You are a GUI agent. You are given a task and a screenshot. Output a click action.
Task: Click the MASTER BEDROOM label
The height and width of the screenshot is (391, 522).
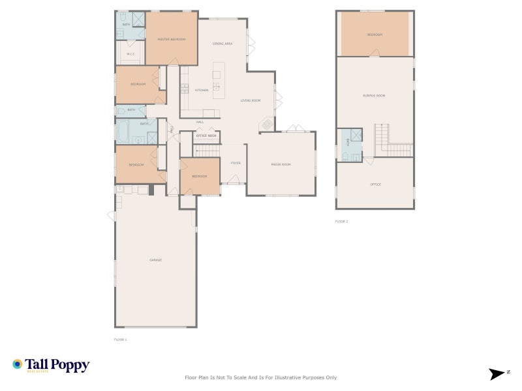pos(171,40)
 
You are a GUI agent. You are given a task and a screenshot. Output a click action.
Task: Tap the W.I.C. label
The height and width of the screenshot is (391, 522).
pos(130,54)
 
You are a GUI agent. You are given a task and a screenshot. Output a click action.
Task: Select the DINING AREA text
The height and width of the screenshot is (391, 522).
pos(223,44)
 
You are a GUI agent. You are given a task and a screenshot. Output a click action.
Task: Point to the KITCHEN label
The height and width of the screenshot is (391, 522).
pos(202,90)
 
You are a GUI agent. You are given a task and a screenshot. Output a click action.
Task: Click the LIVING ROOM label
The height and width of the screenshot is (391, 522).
pos(251,100)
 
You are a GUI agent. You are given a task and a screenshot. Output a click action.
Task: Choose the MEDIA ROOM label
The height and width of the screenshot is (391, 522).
pos(281,164)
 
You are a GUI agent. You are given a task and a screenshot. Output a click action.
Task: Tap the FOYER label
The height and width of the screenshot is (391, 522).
pos(236,163)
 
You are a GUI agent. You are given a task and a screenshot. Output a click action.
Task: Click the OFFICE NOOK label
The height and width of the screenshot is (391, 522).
pos(206,136)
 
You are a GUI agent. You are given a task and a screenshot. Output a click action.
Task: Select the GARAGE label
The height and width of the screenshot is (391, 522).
pos(155,260)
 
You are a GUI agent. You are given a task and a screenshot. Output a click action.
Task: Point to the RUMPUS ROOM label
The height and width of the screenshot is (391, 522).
pos(374,96)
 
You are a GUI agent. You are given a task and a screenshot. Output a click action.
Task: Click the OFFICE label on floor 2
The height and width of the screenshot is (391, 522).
pos(375,184)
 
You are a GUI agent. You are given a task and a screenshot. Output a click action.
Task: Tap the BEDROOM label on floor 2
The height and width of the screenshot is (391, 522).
pos(374,35)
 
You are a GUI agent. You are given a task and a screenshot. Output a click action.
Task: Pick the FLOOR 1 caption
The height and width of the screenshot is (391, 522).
pos(120,340)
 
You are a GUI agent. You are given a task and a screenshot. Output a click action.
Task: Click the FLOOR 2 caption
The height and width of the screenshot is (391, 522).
pos(341,222)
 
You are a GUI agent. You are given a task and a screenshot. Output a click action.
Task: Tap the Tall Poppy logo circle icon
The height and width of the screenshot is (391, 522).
pos(18,364)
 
